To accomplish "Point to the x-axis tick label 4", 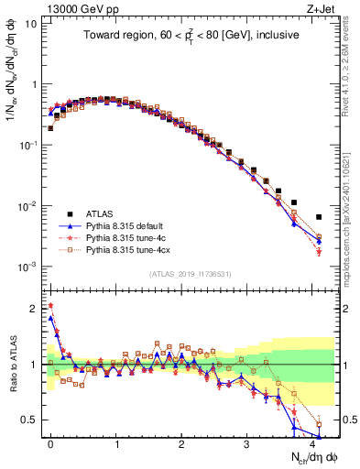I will [x=312, y=442].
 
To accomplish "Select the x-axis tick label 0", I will [x=50, y=442].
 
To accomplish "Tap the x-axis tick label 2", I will [x=181, y=442].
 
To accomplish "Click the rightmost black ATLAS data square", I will [x=319, y=217].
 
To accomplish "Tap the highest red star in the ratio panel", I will [x=50, y=306].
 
